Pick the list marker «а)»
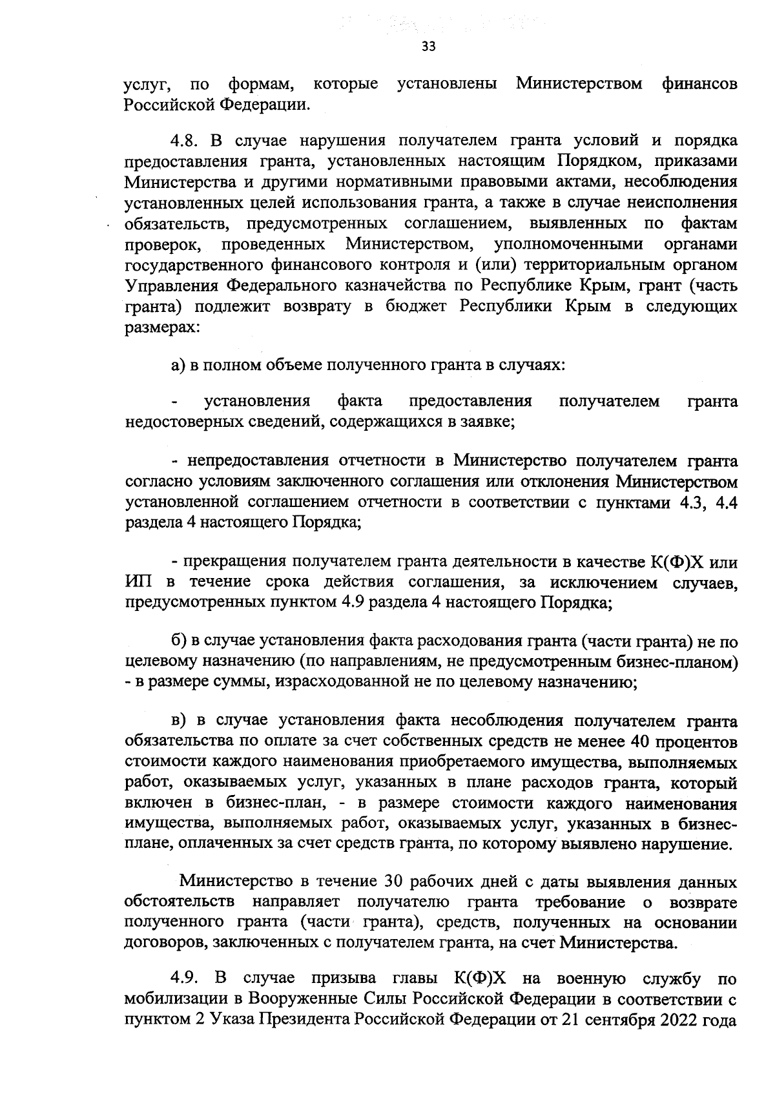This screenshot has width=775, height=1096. [178, 365]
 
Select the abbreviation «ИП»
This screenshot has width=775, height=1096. [139, 583]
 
